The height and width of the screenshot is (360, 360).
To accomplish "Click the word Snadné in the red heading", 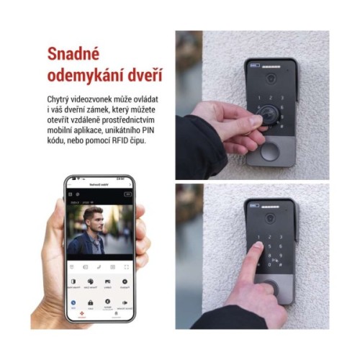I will [73, 54].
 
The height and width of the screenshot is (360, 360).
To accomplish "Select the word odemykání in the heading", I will [84, 76].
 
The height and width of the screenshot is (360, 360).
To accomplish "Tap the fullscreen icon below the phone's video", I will [126, 266].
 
